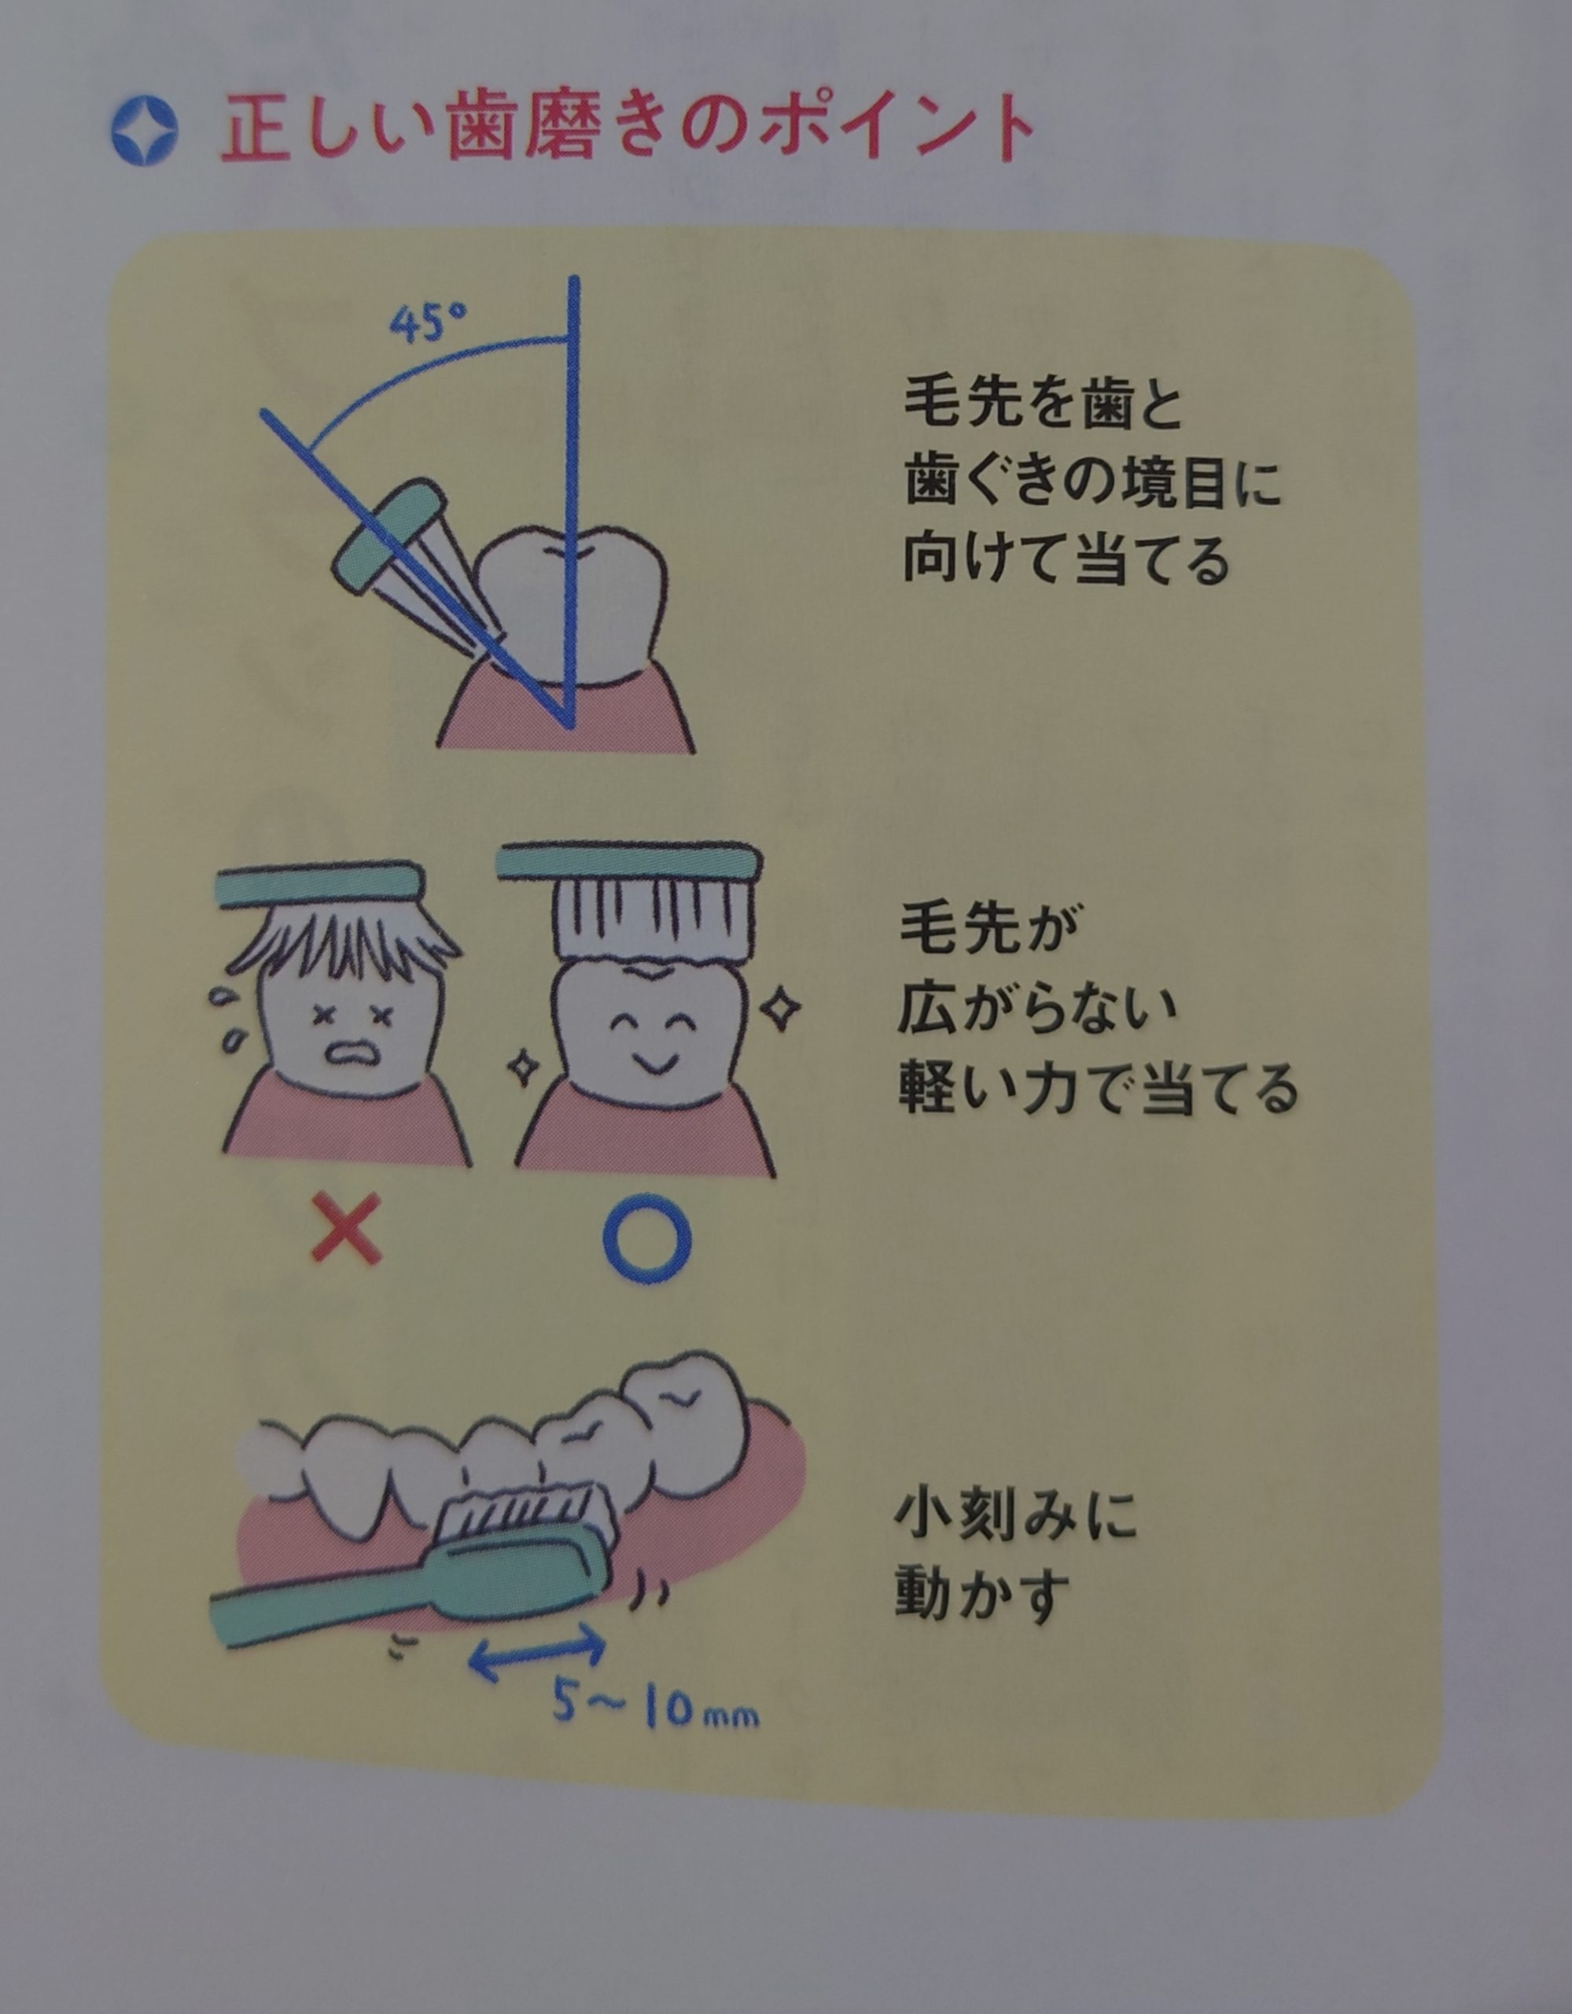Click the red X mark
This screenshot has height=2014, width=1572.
[x=346, y=1228]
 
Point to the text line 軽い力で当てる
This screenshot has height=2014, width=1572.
[x=1098, y=1087]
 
